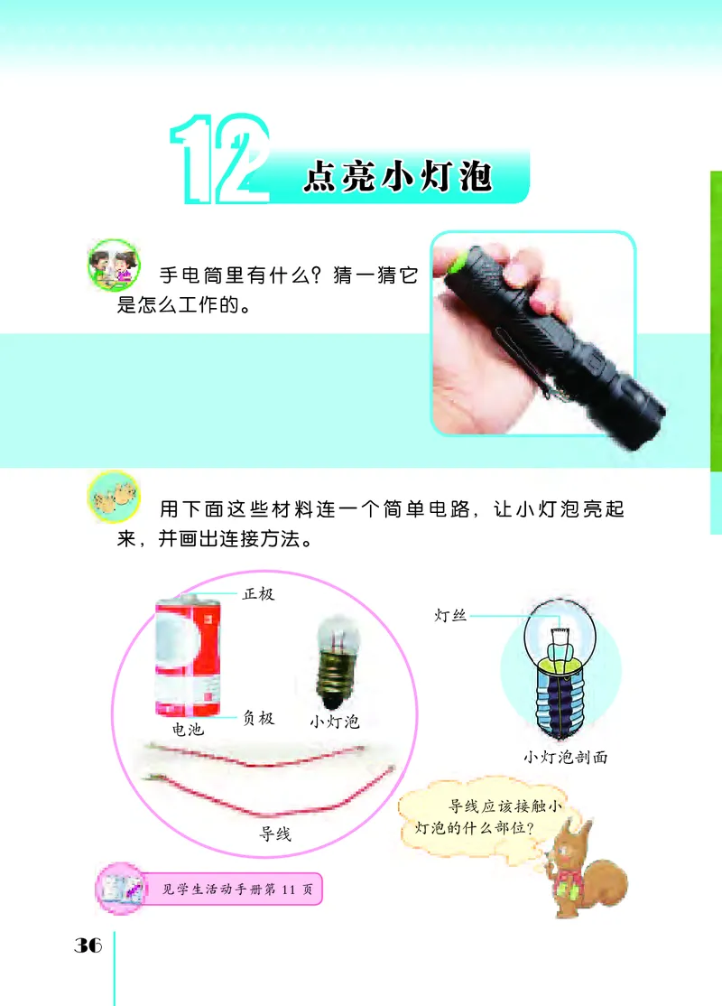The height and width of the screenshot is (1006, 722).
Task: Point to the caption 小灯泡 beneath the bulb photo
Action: tap(334, 722)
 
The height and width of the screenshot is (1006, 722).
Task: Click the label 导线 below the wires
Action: tap(275, 834)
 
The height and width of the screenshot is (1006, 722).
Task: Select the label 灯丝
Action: tap(449, 616)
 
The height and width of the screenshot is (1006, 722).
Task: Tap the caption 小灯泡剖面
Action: tap(565, 758)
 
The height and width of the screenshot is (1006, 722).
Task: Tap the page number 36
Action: tap(88, 945)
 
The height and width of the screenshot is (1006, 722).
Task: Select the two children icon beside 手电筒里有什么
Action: tap(115, 265)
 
